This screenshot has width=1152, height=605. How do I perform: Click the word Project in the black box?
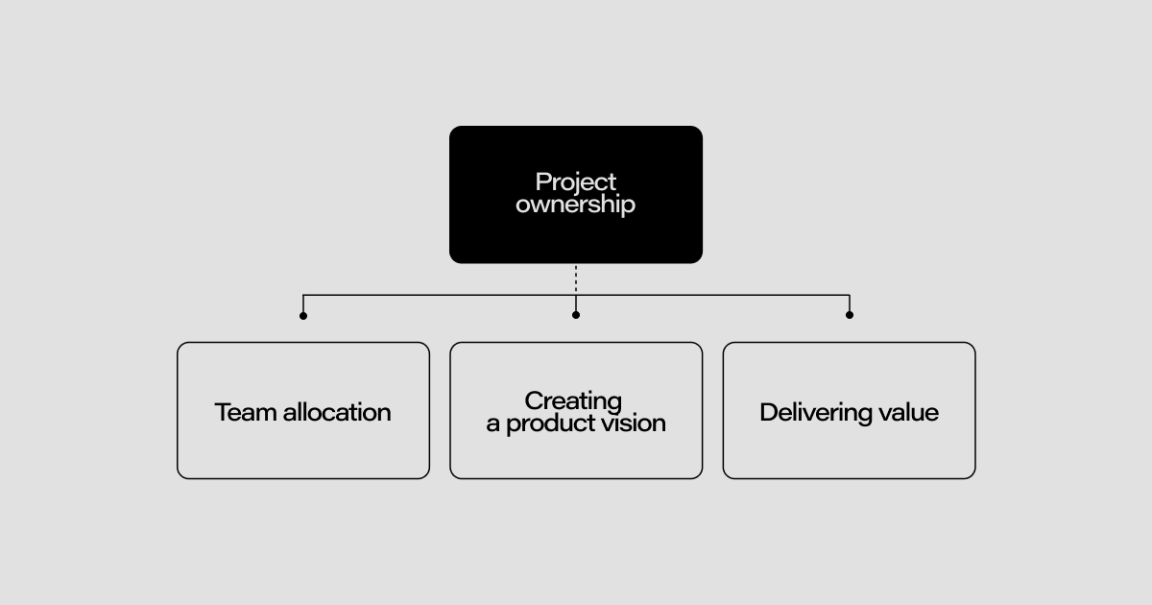point(576,182)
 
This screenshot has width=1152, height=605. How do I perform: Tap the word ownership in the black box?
point(576,205)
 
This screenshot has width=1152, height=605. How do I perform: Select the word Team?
point(241,412)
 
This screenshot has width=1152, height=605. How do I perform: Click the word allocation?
point(332,412)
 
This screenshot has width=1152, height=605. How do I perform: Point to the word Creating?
point(573,401)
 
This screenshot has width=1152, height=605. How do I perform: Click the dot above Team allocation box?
point(303,315)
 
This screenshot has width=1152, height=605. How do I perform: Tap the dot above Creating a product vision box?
point(576,315)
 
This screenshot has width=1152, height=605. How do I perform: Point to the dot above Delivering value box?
point(850,315)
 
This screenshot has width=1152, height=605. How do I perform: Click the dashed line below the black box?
point(576,278)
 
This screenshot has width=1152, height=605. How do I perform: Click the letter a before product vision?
point(493,424)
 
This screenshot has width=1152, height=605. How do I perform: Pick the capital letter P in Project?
point(542,181)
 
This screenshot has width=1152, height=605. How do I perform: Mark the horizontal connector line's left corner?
point(303,295)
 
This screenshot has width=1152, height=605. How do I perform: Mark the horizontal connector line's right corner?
point(850,295)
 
